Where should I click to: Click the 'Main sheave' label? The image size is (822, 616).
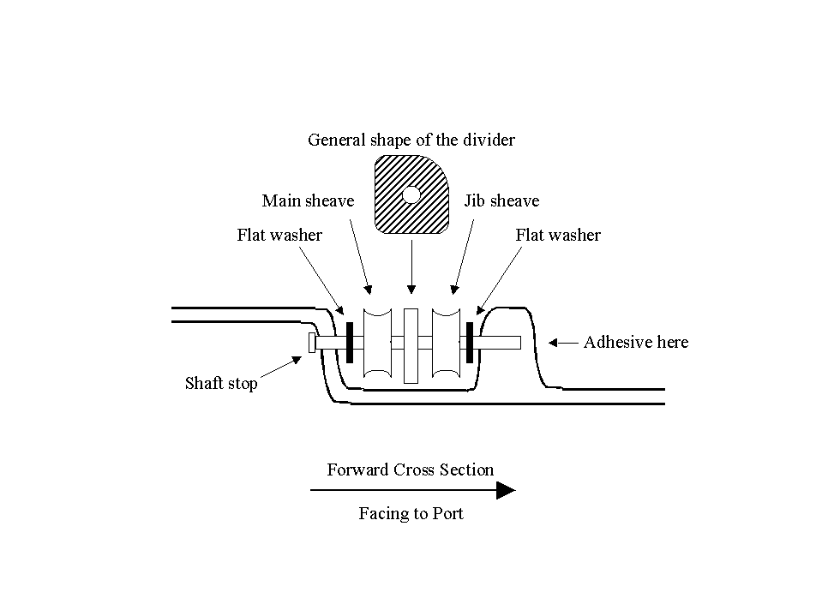[308, 201]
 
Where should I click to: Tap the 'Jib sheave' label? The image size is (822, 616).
[501, 201]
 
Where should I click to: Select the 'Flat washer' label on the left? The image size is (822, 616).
[279, 236]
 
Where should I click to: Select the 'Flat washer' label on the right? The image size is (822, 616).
[558, 236]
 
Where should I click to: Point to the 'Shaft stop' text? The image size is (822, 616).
[221, 384]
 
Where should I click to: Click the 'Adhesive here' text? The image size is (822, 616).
[635, 343]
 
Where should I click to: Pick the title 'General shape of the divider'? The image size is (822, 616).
[411, 140]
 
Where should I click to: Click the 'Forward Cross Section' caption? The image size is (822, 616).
[411, 469]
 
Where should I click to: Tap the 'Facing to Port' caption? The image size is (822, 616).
[411, 514]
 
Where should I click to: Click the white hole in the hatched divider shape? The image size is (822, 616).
[411, 195]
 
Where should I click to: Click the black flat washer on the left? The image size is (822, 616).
[351, 343]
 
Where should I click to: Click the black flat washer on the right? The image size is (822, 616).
[470, 343]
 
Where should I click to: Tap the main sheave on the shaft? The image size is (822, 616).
[376, 343]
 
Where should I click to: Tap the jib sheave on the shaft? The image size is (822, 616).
[446, 343]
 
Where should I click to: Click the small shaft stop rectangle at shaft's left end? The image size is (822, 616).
[312, 343]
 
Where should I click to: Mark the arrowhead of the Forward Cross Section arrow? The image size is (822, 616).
[506, 491]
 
